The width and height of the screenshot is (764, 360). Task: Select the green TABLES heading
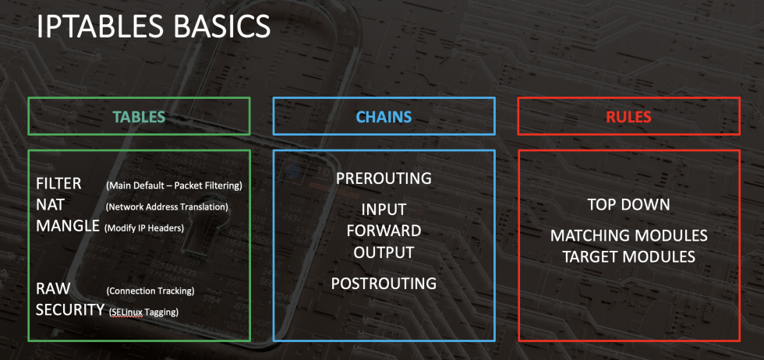[x=139, y=117]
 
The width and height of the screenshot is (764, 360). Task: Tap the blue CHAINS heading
[x=384, y=117]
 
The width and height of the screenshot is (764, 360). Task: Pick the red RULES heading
[x=628, y=117]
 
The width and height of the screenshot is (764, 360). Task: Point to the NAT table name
[x=50, y=205]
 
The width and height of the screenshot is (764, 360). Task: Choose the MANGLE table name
[x=68, y=226]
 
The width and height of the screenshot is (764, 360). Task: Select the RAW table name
[x=53, y=289]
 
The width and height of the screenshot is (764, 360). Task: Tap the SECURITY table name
[x=70, y=310]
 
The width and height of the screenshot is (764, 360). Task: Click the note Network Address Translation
[x=167, y=207]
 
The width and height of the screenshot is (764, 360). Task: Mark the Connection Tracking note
[x=150, y=291]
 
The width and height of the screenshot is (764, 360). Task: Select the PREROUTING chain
[x=384, y=178]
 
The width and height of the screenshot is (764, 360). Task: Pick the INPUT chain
[x=384, y=210]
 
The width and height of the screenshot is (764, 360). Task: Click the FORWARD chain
[x=384, y=231]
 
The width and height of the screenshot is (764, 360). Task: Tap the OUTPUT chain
[x=384, y=252]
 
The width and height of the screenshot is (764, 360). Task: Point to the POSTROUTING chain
[x=384, y=284]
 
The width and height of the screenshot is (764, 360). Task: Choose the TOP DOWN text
[x=628, y=205]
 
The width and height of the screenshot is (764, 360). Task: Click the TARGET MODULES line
[x=628, y=256]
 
